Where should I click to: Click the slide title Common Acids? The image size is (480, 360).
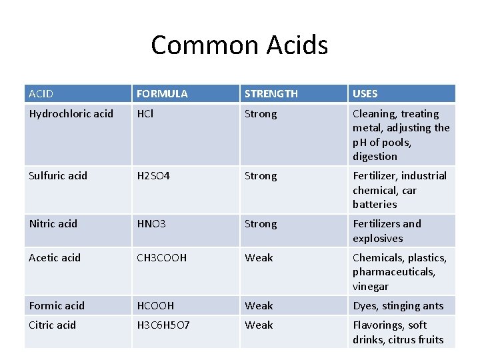click(239, 45)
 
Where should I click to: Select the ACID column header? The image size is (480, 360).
click(41, 94)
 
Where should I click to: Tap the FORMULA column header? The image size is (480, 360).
click(162, 94)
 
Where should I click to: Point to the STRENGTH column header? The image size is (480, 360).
click(271, 94)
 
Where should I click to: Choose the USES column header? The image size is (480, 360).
click(365, 94)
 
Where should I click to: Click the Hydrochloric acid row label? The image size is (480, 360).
click(71, 114)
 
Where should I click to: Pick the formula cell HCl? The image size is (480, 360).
click(145, 114)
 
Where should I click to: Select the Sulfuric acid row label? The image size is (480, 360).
click(58, 176)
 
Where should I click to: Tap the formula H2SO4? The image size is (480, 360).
click(153, 176)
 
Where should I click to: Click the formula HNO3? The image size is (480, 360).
click(151, 224)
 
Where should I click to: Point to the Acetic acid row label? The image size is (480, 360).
click(55, 258)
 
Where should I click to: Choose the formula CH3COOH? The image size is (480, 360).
click(162, 258)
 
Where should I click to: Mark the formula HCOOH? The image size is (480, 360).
click(155, 306)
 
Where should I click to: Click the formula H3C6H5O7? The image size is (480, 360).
click(163, 325)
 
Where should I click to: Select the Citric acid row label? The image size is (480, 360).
click(52, 325)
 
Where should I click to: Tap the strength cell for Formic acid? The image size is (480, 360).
click(259, 306)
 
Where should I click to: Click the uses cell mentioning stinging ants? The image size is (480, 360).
click(398, 306)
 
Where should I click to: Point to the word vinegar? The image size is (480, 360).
click(371, 287)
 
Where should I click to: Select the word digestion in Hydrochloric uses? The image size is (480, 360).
click(375, 157)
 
